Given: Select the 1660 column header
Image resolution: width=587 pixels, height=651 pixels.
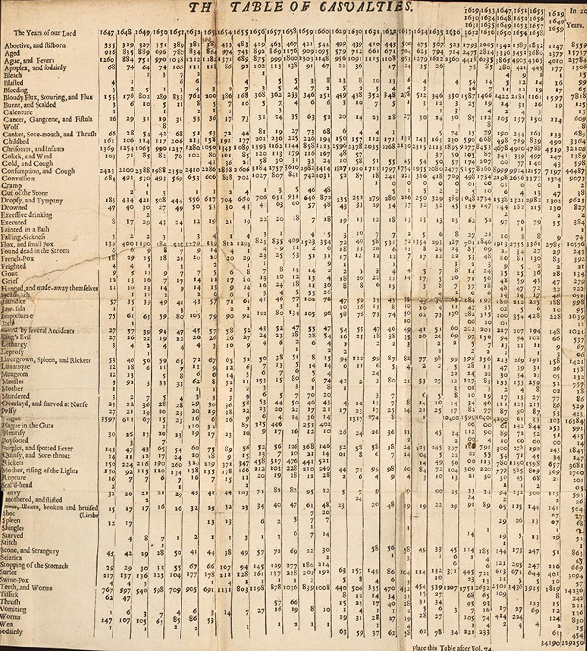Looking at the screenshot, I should pos(323,32).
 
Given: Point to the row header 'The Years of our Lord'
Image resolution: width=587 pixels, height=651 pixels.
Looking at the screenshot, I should pos(45,33).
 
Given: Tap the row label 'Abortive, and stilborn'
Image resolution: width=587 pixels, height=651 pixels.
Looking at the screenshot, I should pos(35,45).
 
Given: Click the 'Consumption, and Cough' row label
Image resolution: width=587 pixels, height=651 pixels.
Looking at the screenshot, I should pos(39,171).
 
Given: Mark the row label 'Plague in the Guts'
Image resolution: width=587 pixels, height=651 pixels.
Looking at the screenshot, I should pos(27,426).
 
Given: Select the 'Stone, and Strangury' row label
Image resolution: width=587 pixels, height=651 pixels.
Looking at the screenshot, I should pos(30,551).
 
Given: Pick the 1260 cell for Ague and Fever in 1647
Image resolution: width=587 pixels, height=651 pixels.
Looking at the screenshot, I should pos(106,60).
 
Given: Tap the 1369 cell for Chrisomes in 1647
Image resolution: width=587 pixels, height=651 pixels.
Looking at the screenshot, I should pos(106,149).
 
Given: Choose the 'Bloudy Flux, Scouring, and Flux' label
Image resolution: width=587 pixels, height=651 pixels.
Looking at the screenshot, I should pos(48,97).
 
